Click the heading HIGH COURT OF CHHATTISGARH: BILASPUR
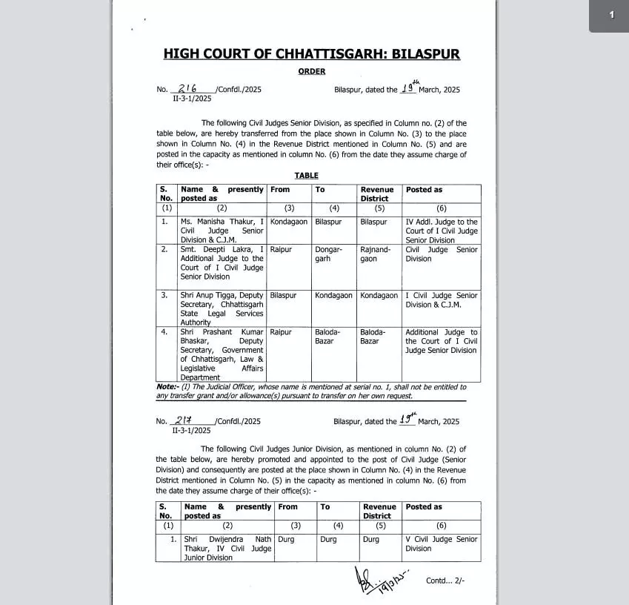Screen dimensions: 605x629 (311, 54)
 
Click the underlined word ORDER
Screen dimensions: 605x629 (312, 72)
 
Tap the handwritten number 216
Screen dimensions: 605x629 (187, 88)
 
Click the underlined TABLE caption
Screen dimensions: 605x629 (306, 176)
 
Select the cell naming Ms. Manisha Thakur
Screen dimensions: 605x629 (222, 231)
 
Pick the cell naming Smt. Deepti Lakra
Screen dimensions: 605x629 (222, 263)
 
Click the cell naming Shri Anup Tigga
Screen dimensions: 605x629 (222, 308)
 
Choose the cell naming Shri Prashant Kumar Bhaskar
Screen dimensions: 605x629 (222, 354)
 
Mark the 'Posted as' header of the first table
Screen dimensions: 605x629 (424, 190)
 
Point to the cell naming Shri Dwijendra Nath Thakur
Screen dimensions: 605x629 (227, 548)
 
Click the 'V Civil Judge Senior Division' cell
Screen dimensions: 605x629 (441, 543)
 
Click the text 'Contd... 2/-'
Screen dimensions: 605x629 (445, 581)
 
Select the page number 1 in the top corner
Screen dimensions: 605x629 (611, 15)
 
